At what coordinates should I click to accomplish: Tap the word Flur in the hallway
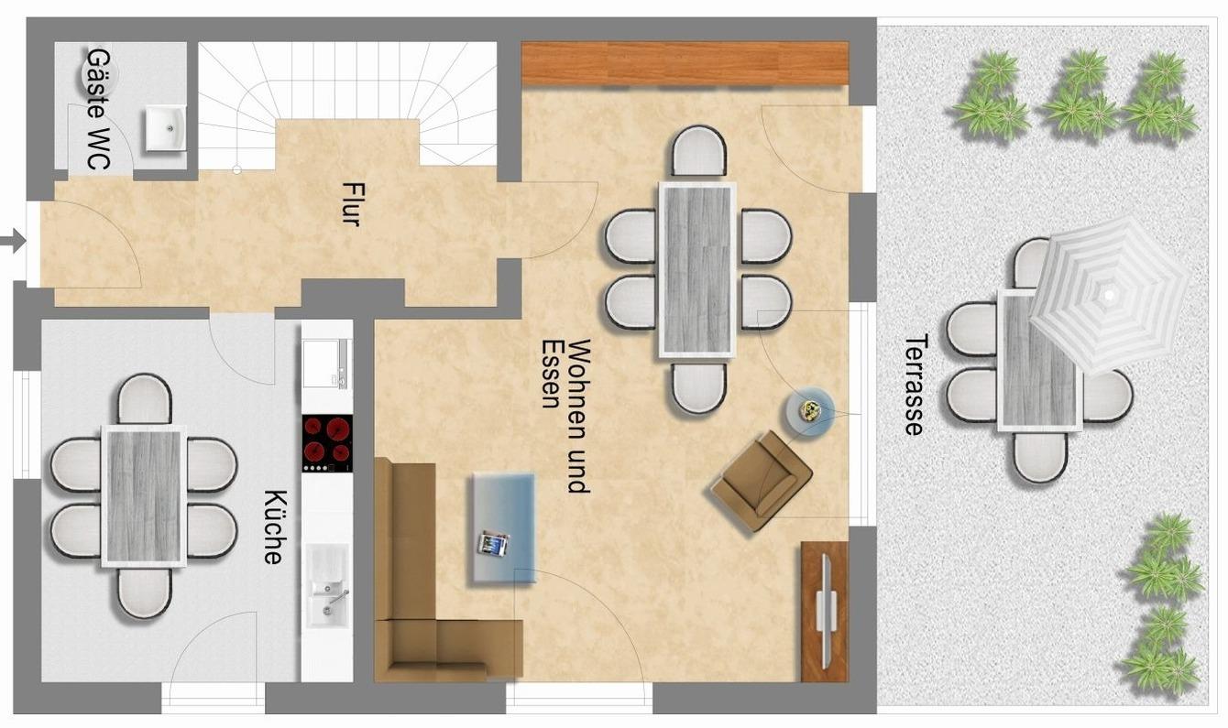pyautogui.click(x=350, y=204)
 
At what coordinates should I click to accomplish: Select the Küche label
pyautogui.click(x=274, y=527)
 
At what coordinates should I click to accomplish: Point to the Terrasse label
pyautogui.click(x=915, y=385)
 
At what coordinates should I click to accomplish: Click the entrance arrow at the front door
pyautogui.click(x=13, y=241)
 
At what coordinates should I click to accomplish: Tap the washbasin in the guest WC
pyautogui.click(x=165, y=129)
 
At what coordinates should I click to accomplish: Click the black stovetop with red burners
pyautogui.click(x=327, y=443)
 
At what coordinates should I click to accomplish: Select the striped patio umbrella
pyautogui.click(x=1110, y=296)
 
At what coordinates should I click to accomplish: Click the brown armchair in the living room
pyautogui.click(x=762, y=481)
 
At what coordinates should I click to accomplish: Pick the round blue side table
pyautogui.click(x=810, y=411)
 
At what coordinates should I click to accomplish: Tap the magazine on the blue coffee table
pyautogui.click(x=493, y=544)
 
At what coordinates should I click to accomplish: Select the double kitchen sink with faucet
pyautogui.click(x=327, y=585)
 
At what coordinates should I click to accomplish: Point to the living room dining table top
pyautogui.click(x=697, y=269)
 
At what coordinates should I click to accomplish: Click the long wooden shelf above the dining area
pyautogui.click(x=685, y=63)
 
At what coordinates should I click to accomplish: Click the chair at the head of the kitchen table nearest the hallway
pyautogui.click(x=145, y=399)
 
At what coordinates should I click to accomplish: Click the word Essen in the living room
pyautogui.click(x=551, y=375)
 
